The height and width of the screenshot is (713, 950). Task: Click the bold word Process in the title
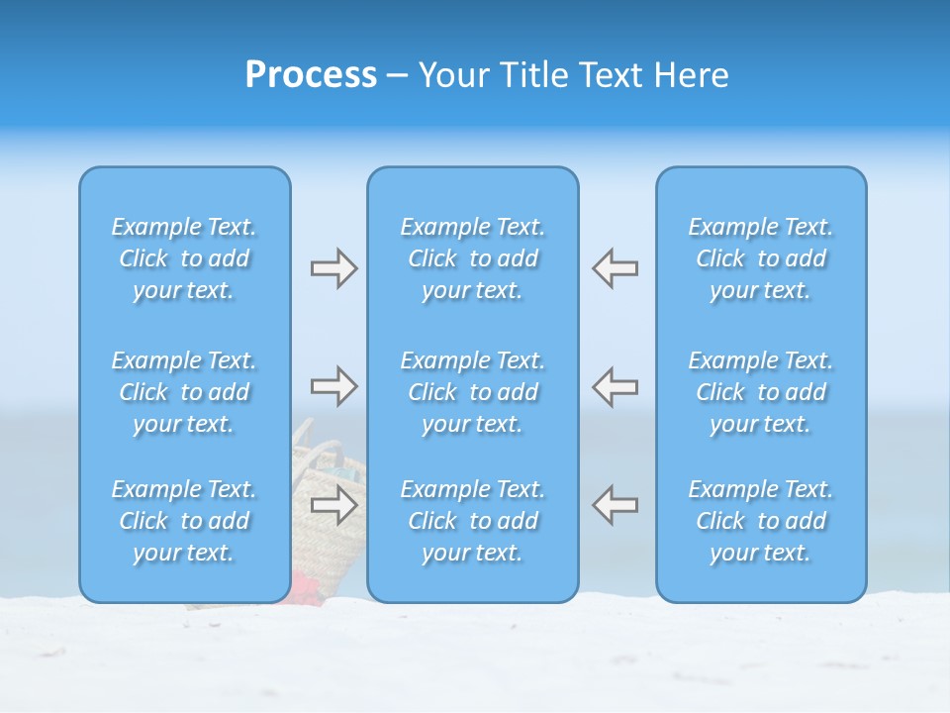tap(311, 75)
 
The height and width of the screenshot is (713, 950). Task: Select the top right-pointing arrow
tap(333, 267)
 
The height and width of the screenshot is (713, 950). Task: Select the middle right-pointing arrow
tap(333, 385)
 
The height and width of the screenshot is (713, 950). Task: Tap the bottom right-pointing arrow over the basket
tap(333, 505)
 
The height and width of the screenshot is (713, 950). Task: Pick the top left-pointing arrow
tap(615, 267)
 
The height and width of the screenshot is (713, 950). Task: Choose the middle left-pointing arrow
tap(615, 385)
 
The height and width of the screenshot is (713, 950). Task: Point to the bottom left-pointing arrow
tap(615, 505)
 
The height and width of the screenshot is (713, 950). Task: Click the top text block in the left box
tap(184, 258)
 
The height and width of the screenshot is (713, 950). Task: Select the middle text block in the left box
tap(184, 392)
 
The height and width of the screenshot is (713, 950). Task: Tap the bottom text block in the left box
tap(184, 521)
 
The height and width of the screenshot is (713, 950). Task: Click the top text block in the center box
tap(472, 258)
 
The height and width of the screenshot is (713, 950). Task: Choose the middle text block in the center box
tap(472, 392)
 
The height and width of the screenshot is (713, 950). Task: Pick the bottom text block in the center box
tap(472, 521)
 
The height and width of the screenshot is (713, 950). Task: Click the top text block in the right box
tap(760, 258)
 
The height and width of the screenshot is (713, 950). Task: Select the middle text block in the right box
tap(760, 392)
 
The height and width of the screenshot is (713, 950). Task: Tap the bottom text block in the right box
tap(760, 521)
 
